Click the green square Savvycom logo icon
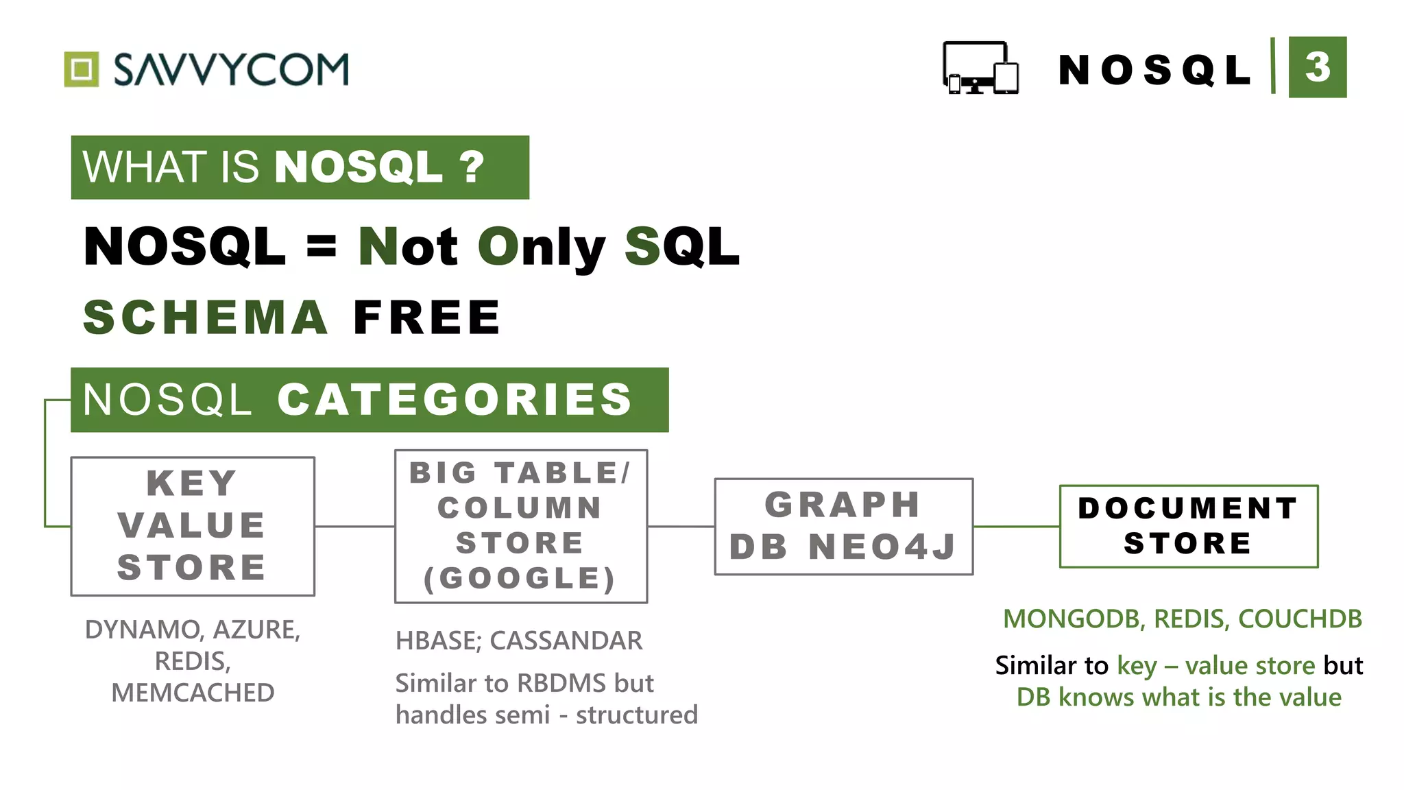(x=82, y=69)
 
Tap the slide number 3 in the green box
(x=1317, y=67)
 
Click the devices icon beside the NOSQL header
(x=980, y=68)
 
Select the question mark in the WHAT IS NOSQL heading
(x=472, y=167)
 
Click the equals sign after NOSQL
(x=322, y=245)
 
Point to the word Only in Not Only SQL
(x=541, y=247)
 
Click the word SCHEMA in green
(x=205, y=318)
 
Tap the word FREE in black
(x=426, y=318)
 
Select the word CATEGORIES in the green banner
(x=454, y=399)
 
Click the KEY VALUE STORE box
(x=193, y=526)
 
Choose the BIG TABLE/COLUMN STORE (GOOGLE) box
(x=520, y=526)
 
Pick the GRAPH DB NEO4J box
(x=843, y=526)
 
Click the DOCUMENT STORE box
(x=1188, y=526)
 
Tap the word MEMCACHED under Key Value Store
(x=193, y=693)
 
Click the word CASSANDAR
(x=566, y=641)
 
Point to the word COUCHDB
(x=1300, y=619)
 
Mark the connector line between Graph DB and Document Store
(x=1016, y=527)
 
